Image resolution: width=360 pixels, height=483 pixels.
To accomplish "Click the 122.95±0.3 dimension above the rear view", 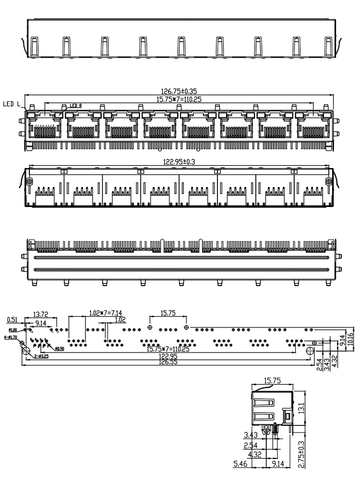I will [x=179, y=163].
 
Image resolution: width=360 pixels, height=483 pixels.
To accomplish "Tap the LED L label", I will [x=11, y=103].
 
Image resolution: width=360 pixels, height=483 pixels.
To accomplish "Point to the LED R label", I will [x=76, y=105].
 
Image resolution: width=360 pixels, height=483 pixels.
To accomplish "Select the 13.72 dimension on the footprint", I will [x=40, y=314].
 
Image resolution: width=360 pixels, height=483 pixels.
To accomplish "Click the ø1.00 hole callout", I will [x=13, y=330].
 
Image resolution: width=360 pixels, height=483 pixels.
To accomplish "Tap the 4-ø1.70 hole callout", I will [x=10, y=337].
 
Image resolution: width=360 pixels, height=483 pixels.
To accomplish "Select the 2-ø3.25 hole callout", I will [x=41, y=356].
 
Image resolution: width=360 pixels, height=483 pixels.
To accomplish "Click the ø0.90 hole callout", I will [x=60, y=348].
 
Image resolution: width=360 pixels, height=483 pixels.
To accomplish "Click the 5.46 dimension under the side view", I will [x=240, y=464].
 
